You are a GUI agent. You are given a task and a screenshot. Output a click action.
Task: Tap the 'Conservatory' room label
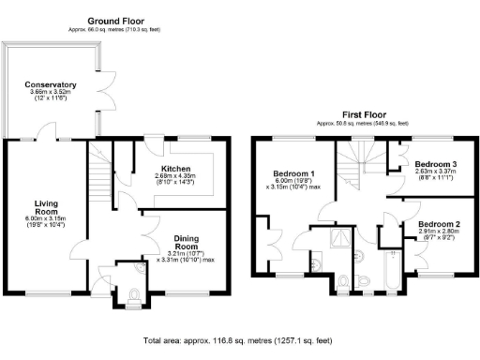pos(51,85)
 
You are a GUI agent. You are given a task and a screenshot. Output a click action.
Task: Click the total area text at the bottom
pos(238,340)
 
